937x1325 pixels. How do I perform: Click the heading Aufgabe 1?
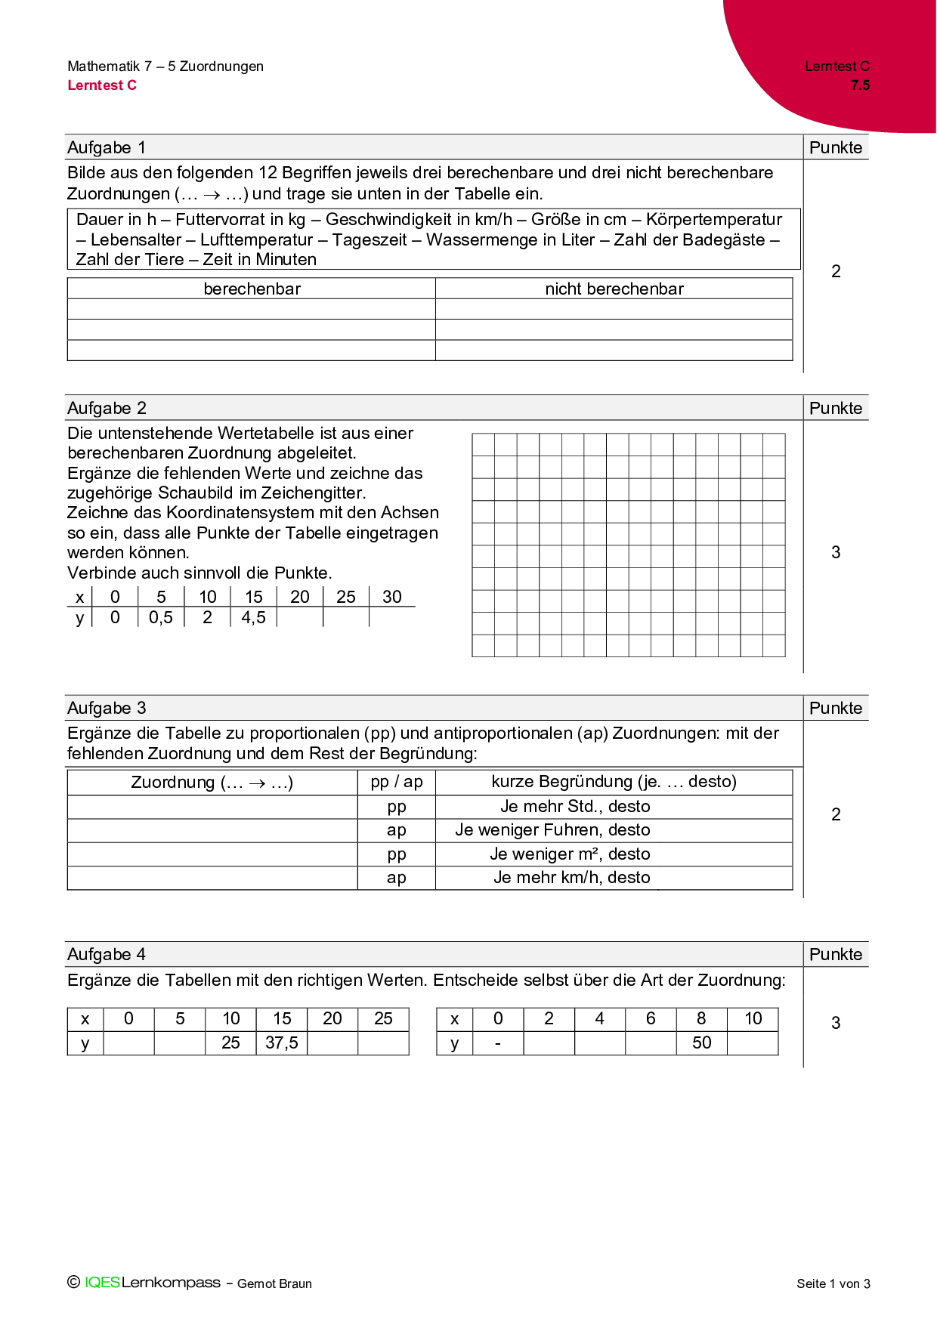click(x=107, y=147)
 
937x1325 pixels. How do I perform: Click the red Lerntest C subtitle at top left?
click(x=102, y=85)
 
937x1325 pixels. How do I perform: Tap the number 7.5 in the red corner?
click(x=860, y=85)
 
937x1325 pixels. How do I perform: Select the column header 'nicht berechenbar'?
click(x=614, y=289)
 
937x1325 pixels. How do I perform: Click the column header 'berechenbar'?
click(x=252, y=289)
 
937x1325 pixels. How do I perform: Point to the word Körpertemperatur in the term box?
click(x=714, y=220)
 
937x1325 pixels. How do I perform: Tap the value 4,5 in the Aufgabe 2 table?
click(x=253, y=617)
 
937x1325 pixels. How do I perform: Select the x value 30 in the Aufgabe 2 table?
click(x=391, y=597)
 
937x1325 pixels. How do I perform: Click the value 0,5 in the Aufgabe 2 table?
click(x=160, y=617)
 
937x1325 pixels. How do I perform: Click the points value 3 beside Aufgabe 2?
click(x=836, y=552)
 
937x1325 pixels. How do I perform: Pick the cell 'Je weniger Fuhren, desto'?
click(x=552, y=830)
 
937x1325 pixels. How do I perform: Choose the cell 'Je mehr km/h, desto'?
click(x=571, y=878)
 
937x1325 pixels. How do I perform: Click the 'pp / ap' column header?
click(x=396, y=782)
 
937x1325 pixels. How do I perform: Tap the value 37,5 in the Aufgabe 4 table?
click(x=282, y=1042)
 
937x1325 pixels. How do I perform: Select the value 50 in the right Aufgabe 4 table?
click(x=701, y=1042)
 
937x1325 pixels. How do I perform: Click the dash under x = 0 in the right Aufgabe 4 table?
click(x=497, y=1043)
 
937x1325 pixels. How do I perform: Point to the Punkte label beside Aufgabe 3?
click(x=835, y=708)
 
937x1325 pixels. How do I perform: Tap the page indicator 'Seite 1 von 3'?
click(x=833, y=1283)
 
